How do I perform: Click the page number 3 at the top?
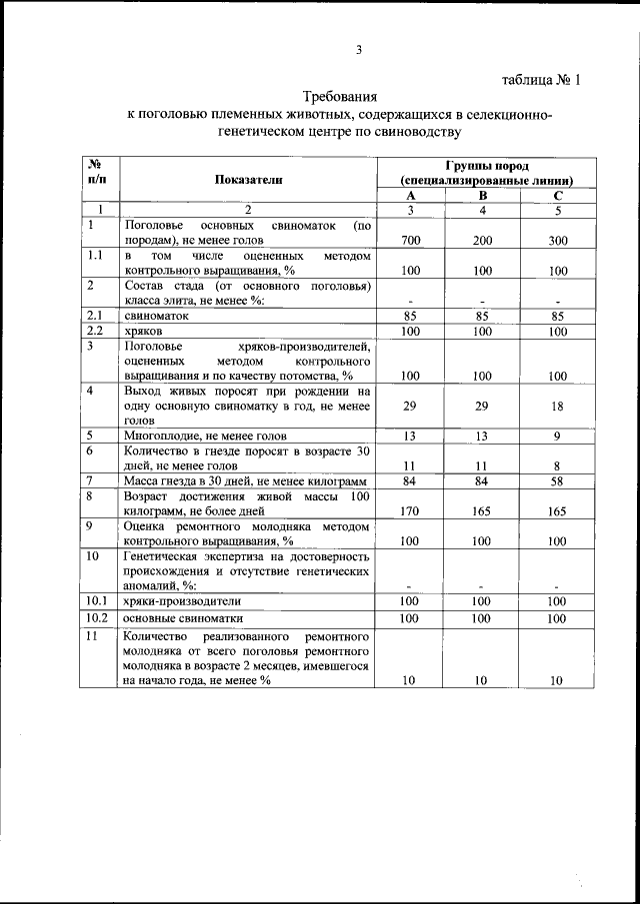(x=358, y=52)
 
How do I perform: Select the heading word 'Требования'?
(x=340, y=97)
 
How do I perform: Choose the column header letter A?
(x=410, y=196)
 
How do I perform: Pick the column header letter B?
(x=483, y=196)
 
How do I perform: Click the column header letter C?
(x=558, y=196)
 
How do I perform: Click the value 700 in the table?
(x=410, y=241)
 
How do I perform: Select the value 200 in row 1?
(x=483, y=241)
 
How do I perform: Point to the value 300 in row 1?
(x=558, y=241)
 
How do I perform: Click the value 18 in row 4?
(x=558, y=407)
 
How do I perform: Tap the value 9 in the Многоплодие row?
(x=558, y=436)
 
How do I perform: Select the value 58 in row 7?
(x=558, y=480)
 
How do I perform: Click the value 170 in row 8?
(x=410, y=510)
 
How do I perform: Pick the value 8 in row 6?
(x=558, y=465)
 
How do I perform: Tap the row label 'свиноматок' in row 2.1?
(x=156, y=315)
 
